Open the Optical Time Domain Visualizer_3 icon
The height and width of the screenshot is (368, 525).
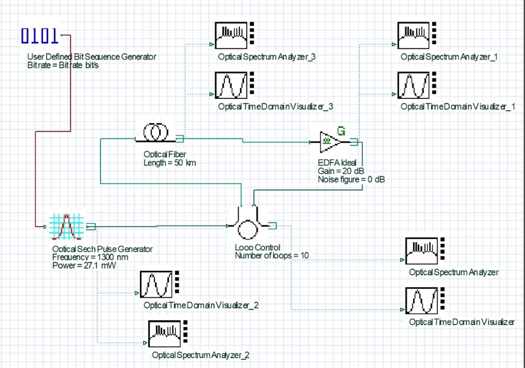231,85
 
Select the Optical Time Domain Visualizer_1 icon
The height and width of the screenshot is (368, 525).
413,85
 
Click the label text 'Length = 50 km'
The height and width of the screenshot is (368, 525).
169,163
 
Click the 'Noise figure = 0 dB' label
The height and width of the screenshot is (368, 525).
351,179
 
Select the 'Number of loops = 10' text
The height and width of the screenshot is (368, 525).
271,255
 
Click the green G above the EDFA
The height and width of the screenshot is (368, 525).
341,130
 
